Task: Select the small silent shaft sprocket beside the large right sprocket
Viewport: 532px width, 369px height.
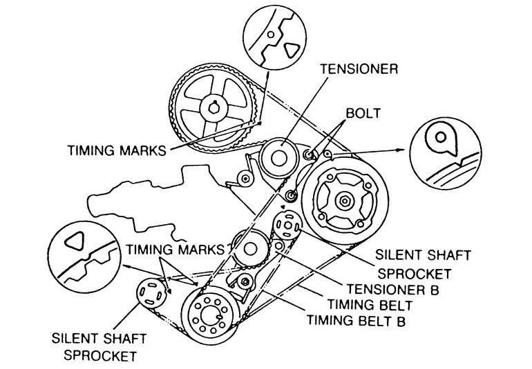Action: click(286, 226)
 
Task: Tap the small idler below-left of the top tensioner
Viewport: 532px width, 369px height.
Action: click(243, 179)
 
